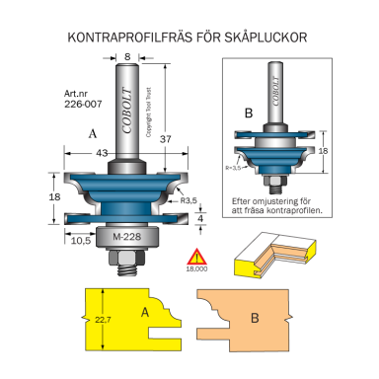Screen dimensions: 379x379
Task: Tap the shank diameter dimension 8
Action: [x=128, y=57]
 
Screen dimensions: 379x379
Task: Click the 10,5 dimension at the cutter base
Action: [x=82, y=238]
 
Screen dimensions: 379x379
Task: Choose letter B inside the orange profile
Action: [x=255, y=319]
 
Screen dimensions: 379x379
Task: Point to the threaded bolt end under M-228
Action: [x=128, y=264]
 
